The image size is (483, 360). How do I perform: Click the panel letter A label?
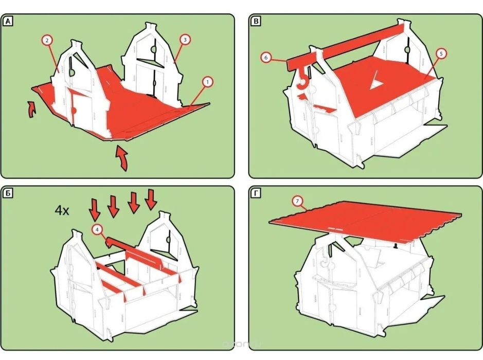pos(9,22)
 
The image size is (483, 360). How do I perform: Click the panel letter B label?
pos(256,22)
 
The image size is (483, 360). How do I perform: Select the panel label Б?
pos(9,193)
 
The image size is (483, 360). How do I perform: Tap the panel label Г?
pos(256,193)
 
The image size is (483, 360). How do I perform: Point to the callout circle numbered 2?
pos(47,40)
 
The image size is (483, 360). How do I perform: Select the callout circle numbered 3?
pos(184,39)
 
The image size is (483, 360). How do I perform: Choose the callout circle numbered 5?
pos(440,53)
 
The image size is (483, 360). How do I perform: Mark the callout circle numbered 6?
pos(266,58)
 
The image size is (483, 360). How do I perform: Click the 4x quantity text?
pos(62,210)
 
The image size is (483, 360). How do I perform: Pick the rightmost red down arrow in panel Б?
pos(151,200)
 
